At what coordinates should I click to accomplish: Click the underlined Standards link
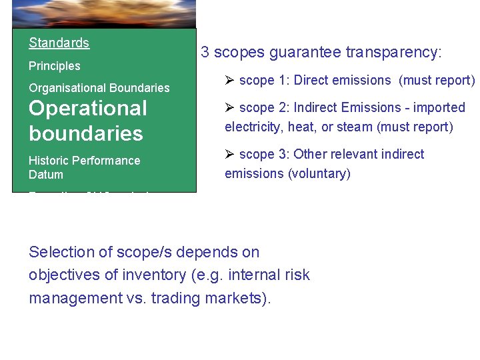[x=59, y=43]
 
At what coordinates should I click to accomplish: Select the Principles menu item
[x=54, y=66]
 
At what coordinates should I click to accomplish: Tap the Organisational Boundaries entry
[x=99, y=88]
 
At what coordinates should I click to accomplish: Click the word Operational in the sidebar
[x=88, y=108]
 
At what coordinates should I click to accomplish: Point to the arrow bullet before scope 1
[x=230, y=81]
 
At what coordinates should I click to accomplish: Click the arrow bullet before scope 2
[x=230, y=108]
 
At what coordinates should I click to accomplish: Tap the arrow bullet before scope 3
[x=230, y=155]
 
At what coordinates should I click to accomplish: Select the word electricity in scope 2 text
[x=252, y=127]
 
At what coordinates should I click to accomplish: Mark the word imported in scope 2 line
[x=439, y=108]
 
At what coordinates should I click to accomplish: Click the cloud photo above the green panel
[x=104, y=13]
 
